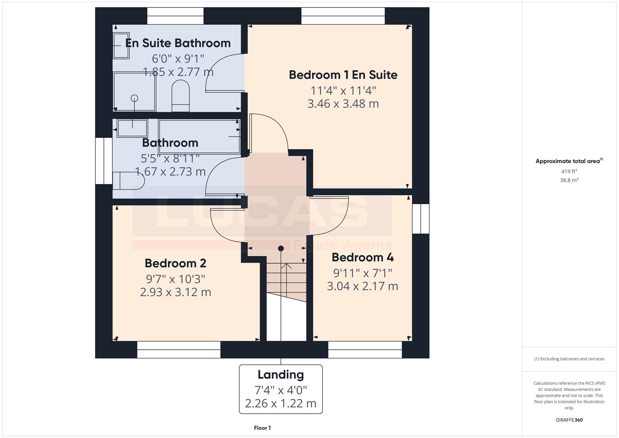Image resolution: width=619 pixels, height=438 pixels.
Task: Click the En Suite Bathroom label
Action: point(178,43)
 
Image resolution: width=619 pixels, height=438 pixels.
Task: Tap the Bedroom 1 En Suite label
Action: point(343,75)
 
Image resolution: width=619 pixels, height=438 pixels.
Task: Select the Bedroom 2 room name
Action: point(175,263)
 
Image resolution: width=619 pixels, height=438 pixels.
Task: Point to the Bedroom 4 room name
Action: point(363,258)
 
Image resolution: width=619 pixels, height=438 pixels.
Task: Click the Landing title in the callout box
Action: point(281,375)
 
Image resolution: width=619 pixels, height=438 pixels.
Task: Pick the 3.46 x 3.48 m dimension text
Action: point(343,104)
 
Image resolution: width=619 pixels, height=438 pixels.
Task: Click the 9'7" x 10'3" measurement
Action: point(175,279)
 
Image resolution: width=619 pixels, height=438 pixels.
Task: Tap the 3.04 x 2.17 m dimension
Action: point(363,286)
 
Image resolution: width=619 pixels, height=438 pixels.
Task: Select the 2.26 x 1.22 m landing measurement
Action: point(281,403)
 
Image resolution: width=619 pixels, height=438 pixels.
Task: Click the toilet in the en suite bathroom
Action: point(180,96)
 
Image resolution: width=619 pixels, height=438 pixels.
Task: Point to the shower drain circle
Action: point(134,98)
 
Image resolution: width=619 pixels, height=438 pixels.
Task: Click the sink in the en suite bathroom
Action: point(121,46)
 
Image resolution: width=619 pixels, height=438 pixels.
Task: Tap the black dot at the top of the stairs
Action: point(281,248)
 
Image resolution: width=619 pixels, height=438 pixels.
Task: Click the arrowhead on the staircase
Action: point(287,266)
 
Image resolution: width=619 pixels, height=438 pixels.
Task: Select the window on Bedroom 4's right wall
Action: point(421,219)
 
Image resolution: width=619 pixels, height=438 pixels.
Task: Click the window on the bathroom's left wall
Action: point(104,161)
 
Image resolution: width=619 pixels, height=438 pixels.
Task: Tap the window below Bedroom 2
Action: point(179,350)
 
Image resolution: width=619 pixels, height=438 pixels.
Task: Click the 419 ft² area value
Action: point(569,171)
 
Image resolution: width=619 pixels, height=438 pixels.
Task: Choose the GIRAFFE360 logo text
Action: point(569,420)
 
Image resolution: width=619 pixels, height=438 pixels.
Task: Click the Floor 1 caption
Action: point(262,428)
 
